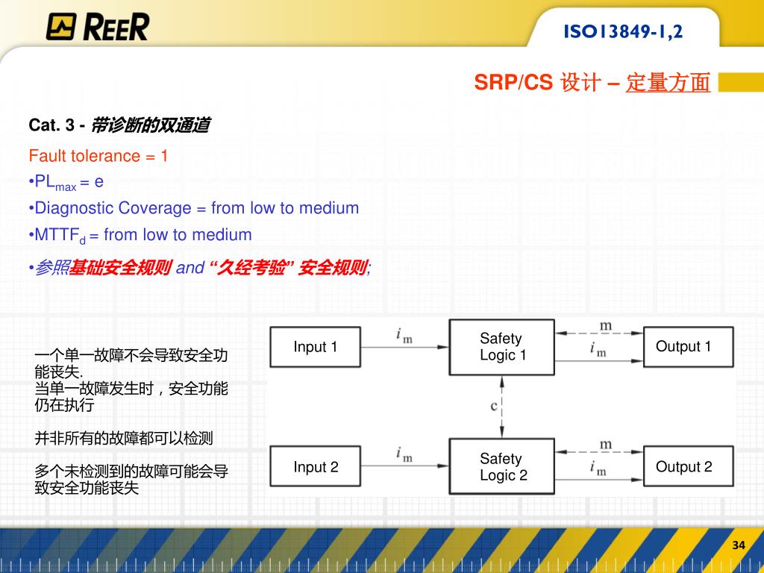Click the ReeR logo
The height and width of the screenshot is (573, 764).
tap(97, 26)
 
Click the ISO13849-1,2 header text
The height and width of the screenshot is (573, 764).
tap(623, 32)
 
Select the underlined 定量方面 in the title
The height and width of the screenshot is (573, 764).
tap(668, 83)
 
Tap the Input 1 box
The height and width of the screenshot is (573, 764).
tap(315, 347)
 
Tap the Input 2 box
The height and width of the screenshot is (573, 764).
tap(315, 467)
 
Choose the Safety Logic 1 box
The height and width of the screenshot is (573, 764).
tap(502, 347)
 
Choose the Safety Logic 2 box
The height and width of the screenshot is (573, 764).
tap(502, 467)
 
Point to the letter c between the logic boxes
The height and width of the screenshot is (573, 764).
tap(494, 406)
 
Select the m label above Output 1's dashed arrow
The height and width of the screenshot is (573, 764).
tap(606, 325)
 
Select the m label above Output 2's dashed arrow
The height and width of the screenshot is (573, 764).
tap(606, 445)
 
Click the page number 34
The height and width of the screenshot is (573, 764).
tap(739, 545)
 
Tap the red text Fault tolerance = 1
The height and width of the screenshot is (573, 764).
tap(98, 156)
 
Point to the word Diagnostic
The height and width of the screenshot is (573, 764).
tap(73, 208)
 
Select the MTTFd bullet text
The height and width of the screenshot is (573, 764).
tap(143, 235)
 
